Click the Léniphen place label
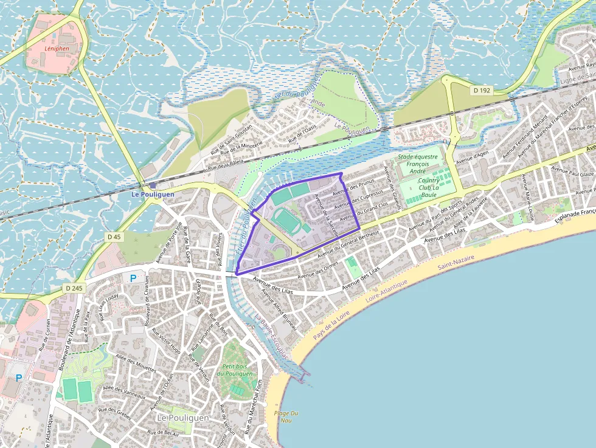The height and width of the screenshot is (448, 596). pyautogui.click(x=57, y=49)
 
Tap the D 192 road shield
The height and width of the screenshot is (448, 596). pyautogui.click(x=482, y=90)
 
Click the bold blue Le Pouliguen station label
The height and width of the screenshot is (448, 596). pyautogui.click(x=153, y=195)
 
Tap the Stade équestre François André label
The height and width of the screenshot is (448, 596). pyautogui.click(x=417, y=164)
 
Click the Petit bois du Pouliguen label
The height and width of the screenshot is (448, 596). pyautogui.click(x=237, y=370)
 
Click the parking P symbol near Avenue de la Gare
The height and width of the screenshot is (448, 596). pyautogui.click(x=133, y=278)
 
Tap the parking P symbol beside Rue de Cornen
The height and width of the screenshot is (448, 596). pyautogui.click(x=19, y=377)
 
